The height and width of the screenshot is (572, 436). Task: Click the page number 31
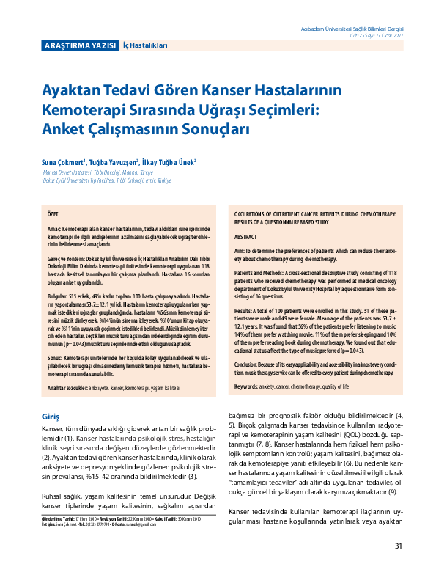(x=399, y=546)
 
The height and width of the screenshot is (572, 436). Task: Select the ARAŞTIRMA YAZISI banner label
(x=80, y=45)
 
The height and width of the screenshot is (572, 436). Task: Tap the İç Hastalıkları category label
(x=145, y=45)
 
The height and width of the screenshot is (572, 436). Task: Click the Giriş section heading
(x=51, y=396)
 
